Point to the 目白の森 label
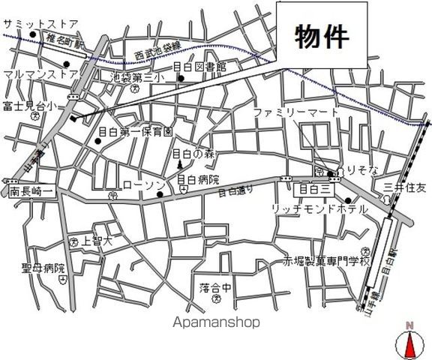pyautogui.click(x=193, y=153)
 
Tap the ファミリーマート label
pyautogui.click(x=290, y=112)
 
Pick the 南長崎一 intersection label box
pyautogui.click(x=31, y=192)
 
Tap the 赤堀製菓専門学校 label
pyautogui.click(x=326, y=262)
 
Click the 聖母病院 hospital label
pyautogui.click(x=43, y=268)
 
